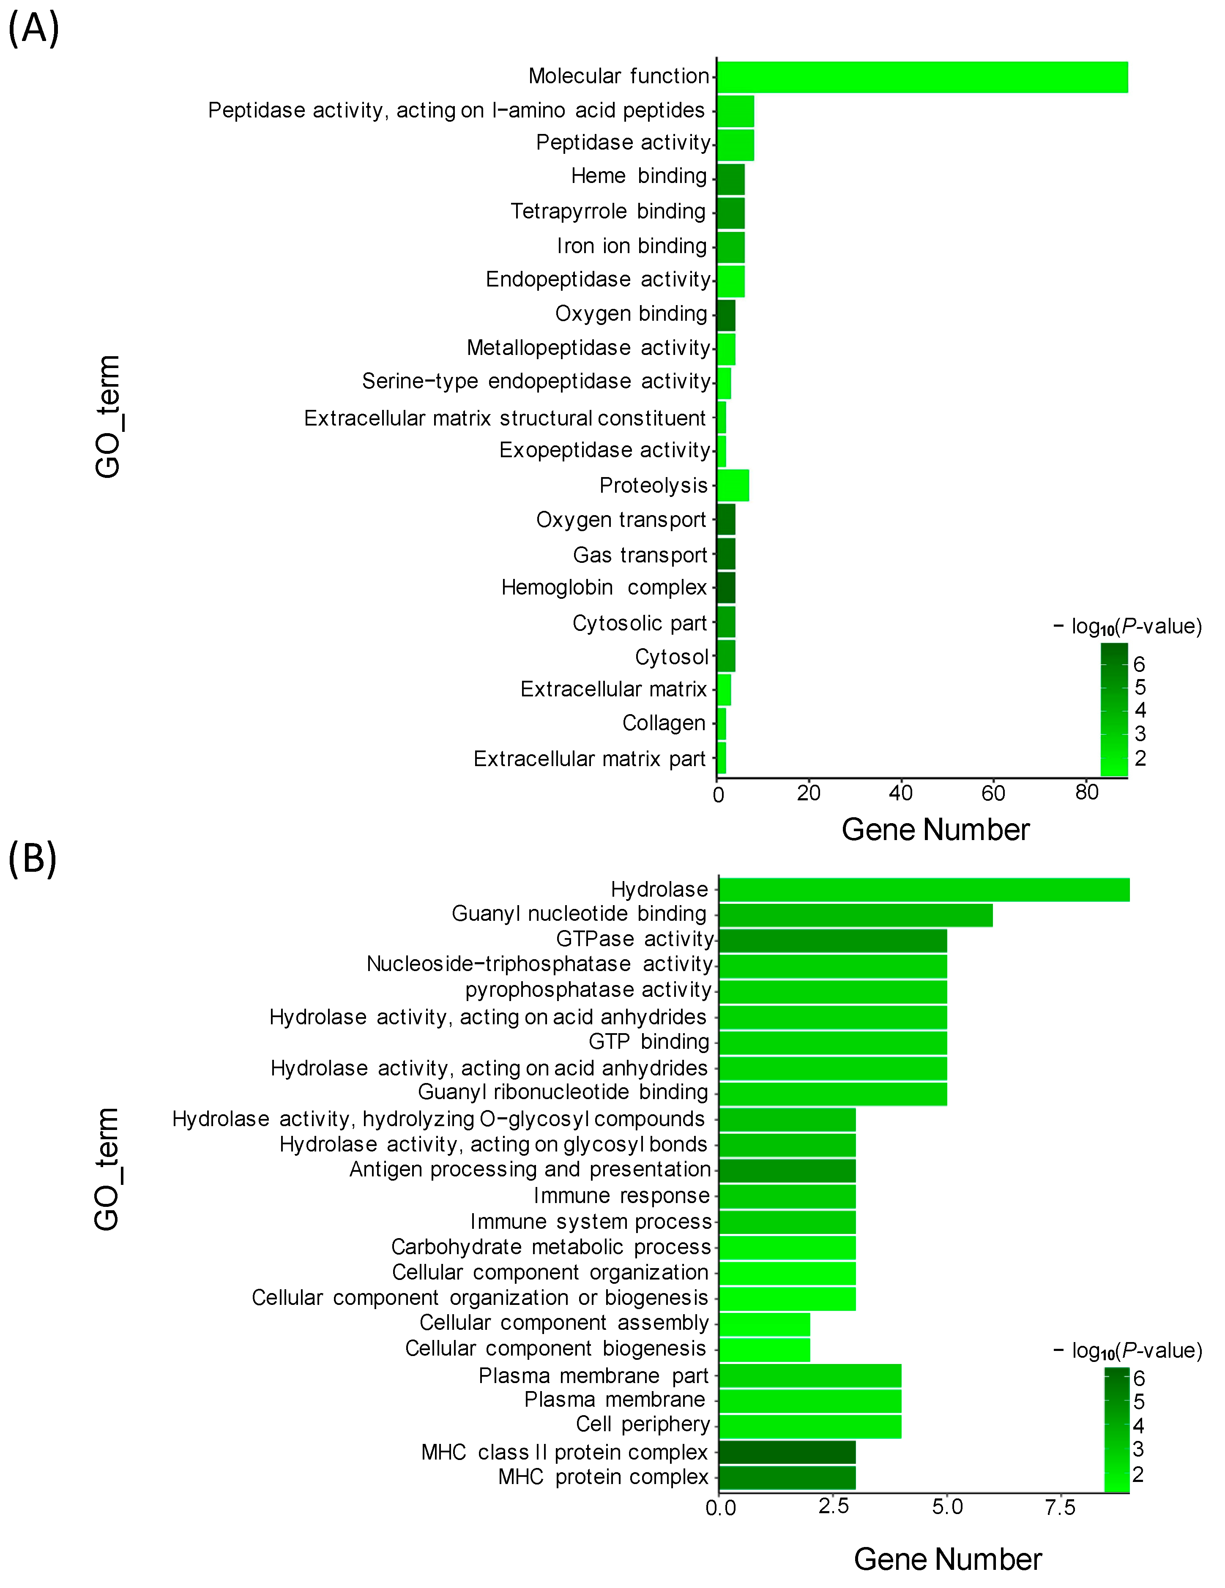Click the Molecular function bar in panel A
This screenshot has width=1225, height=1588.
(921, 77)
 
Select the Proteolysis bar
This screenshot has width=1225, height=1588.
(733, 485)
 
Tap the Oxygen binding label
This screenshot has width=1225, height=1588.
(631, 314)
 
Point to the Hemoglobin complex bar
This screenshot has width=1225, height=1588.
(726, 587)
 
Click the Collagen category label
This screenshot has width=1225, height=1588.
(663, 723)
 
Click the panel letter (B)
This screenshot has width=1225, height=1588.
(33, 858)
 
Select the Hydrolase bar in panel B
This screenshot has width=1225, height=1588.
(924, 889)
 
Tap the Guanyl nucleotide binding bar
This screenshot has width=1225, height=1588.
(856, 915)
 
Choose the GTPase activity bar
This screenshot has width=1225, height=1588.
(832, 940)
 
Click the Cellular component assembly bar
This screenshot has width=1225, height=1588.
(764, 1324)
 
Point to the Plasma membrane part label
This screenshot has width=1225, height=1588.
(593, 1376)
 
